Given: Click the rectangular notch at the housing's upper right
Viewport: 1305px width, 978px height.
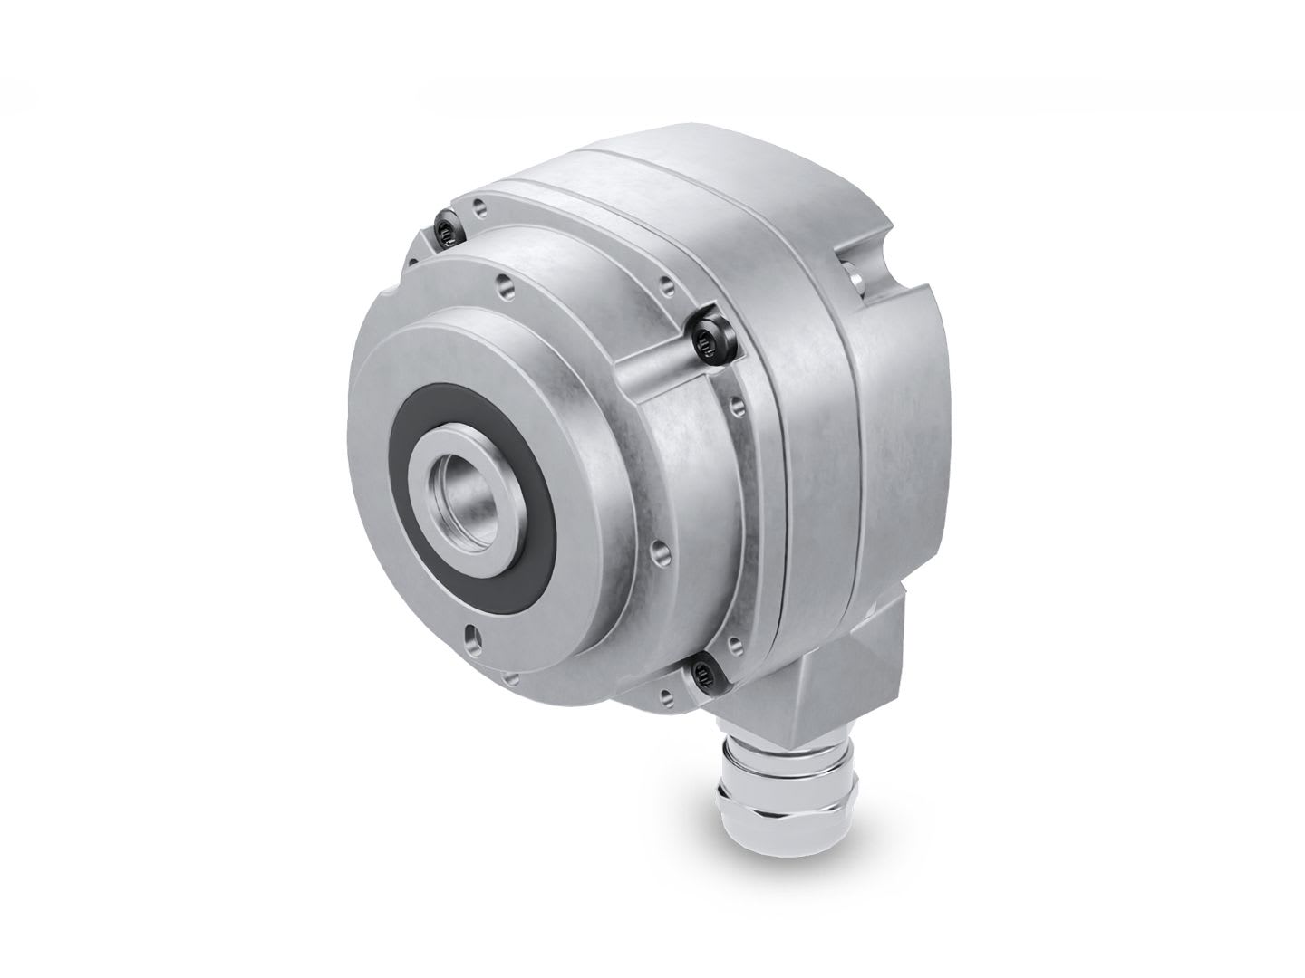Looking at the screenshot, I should (x=865, y=272).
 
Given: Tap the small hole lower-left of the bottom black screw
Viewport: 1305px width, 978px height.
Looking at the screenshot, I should (x=667, y=695).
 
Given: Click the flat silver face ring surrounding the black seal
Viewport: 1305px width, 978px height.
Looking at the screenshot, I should (x=507, y=398).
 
